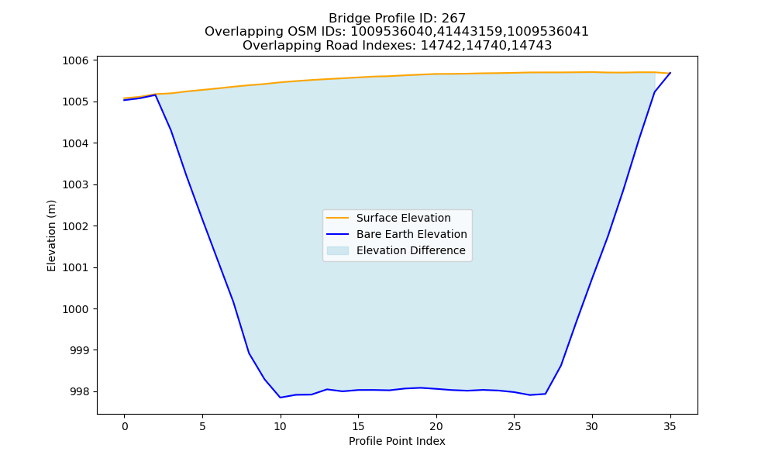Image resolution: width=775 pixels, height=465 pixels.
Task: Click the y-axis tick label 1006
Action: point(75,60)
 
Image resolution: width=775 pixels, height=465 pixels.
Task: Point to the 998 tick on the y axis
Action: point(79,392)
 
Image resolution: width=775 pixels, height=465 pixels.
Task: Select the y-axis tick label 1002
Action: point(75,226)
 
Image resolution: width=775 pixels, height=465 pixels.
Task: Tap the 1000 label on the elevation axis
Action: point(75,309)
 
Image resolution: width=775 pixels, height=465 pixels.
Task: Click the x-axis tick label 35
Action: point(670,426)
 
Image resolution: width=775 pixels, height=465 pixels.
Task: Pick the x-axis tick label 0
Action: point(125,426)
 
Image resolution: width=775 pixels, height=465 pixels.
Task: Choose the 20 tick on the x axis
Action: point(436,426)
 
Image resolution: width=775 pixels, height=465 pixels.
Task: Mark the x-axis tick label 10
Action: point(281,426)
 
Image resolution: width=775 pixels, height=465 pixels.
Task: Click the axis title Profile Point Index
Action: point(397,441)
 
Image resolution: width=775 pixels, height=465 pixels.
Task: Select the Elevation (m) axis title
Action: point(51,236)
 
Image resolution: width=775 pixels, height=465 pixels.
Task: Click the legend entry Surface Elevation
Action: point(403,218)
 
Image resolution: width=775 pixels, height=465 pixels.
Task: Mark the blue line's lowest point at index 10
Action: point(281,398)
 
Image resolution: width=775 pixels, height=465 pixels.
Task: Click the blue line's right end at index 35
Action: point(670,73)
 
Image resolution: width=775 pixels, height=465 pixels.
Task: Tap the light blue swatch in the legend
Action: point(338,250)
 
